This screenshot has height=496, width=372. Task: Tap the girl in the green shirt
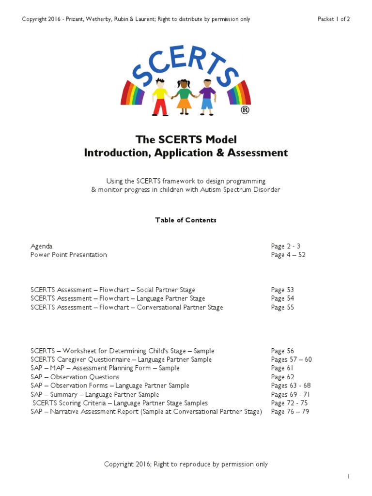click(x=184, y=97)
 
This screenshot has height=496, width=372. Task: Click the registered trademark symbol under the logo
click(x=245, y=110)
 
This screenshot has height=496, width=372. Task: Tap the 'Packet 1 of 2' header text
click(x=333, y=19)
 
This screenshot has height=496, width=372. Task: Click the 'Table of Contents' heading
click(x=186, y=220)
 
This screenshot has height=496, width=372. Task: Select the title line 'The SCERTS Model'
click(x=186, y=140)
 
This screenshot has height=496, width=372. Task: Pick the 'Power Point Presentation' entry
click(x=69, y=255)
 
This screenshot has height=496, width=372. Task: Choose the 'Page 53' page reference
click(x=282, y=290)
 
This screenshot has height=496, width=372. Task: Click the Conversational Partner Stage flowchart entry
click(x=127, y=307)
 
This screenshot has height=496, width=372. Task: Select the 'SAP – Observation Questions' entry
click(x=75, y=377)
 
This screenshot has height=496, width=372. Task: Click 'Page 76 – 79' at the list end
click(x=290, y=412)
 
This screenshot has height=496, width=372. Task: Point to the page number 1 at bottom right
click(x=348, y=477)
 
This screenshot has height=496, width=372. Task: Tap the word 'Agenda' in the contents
click(x=41, y=246)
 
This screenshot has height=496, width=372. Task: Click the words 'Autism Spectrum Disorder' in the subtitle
click(x=241, y=189)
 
